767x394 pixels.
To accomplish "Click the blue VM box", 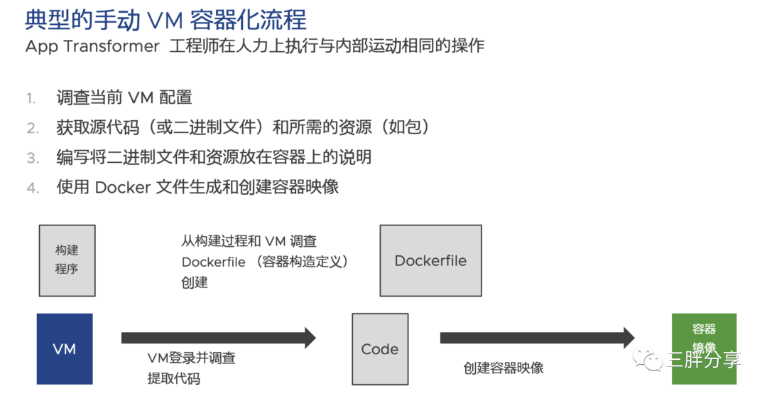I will pos(65,348).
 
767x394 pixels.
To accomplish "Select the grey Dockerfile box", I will pos(430,260).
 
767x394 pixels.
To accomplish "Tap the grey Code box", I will pos(380,348).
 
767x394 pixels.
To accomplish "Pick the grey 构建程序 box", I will pos(67,260).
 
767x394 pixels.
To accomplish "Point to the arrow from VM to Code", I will pos(218,338).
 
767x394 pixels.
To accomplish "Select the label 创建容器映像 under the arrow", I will pos(504,368).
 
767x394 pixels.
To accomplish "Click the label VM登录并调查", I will pos(191,358).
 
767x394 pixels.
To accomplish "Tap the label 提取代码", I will pos(173,378).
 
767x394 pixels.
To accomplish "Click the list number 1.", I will pos(31,98).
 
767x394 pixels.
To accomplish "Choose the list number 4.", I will pos(32,188).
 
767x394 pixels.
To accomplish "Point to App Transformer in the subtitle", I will pos(92,46).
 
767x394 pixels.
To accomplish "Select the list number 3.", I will pos(32,158).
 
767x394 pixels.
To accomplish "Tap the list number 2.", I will pos(32,128).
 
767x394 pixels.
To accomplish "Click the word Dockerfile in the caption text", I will pos(213,262).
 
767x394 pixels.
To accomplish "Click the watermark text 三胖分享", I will pos(703,360).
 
